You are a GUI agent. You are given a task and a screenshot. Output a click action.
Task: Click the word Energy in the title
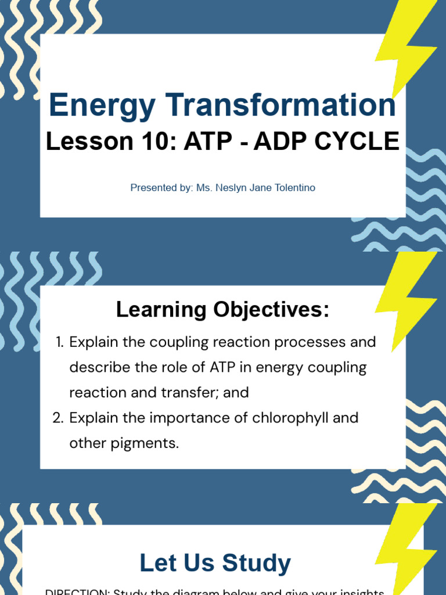[x=102, y=106]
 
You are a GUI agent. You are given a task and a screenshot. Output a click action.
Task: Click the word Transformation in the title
[x=278, y=105]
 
